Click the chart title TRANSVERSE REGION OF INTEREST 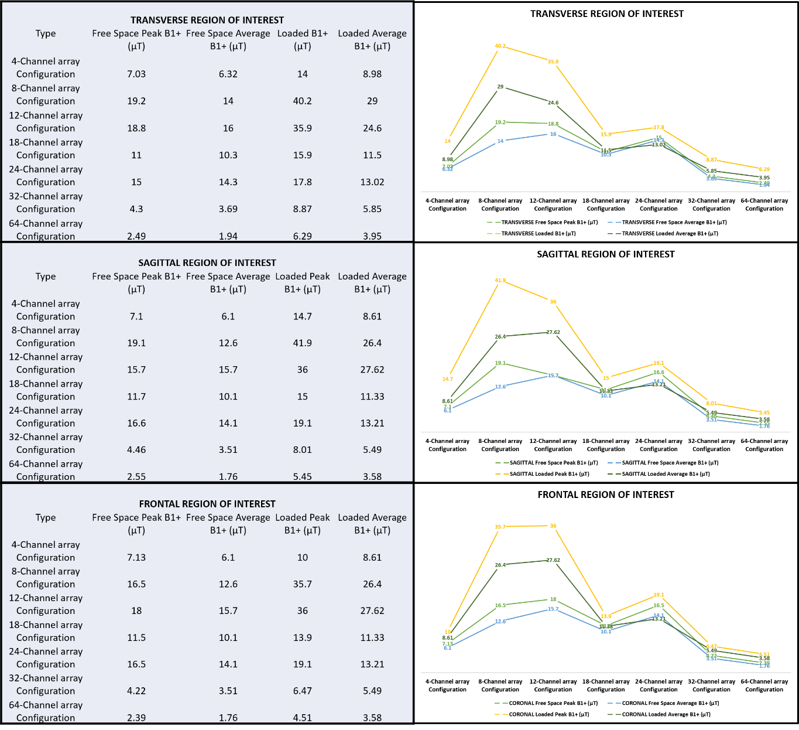click(606, 13)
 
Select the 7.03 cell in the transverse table click(136, 74)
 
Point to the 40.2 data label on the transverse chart click(500, 46)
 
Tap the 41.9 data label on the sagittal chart click(500, 281)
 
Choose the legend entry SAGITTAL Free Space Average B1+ click(661, 462)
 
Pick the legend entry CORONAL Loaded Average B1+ click(659, 714)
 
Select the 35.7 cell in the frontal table click(302, 584)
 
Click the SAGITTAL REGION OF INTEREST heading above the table click(207, 263)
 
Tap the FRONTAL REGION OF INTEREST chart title click(606, 494)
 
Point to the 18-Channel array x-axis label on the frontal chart click(606, 685)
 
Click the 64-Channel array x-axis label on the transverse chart click(764, 204)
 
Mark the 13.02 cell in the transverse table click(372, 182)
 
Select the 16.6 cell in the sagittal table click(136, 423)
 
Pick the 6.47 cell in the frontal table click(302, 691)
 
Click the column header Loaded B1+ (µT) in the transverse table click(302, 40)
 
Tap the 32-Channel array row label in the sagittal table click(46, 444)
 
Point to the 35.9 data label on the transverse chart click(553, 62)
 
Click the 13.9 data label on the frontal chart click(606, 616)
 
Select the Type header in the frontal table click(46, 517)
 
